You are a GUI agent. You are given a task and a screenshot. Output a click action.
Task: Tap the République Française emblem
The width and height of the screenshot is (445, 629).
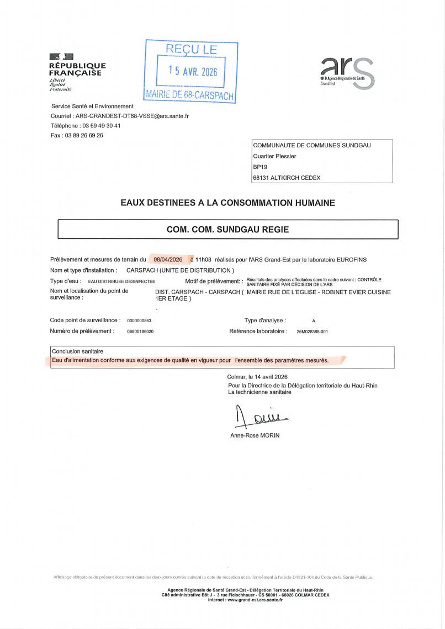(61, 56)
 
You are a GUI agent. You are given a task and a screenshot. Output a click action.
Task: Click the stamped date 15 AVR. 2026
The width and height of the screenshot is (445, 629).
(193, 72)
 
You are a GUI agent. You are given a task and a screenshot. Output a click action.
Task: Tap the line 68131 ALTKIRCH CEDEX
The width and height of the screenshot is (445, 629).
(287, 178)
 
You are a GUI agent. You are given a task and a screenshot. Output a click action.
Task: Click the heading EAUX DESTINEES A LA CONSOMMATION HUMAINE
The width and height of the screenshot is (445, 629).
(227, 203)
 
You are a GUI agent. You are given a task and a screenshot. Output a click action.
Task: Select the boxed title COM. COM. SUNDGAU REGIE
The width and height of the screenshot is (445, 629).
(227, 229)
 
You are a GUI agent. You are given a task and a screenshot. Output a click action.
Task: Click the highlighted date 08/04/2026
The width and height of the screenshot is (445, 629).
(168, 259)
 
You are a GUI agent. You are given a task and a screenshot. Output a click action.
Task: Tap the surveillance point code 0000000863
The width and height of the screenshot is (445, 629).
(139, 321)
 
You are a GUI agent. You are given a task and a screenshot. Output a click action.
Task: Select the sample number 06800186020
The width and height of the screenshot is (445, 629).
(140, 332)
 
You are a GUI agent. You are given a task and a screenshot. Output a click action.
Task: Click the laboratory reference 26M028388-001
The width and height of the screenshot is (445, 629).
(312, 332)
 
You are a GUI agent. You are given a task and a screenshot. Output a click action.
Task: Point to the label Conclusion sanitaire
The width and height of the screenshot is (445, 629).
(77, 351)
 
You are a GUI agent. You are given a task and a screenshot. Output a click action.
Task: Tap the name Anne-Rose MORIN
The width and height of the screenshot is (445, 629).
(255, 435)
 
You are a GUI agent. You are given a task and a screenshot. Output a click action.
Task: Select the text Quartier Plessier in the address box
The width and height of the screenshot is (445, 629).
(274, 156)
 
